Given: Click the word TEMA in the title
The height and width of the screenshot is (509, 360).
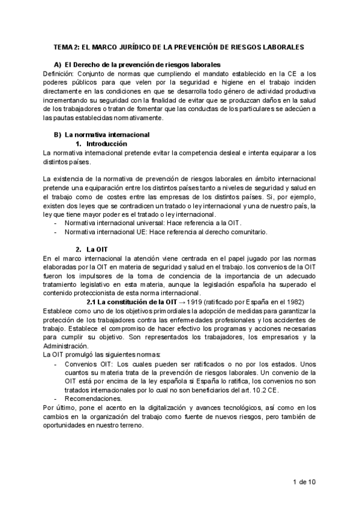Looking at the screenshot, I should tap(64, 46).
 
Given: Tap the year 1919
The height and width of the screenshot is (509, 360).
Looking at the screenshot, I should tap(194, 302).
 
